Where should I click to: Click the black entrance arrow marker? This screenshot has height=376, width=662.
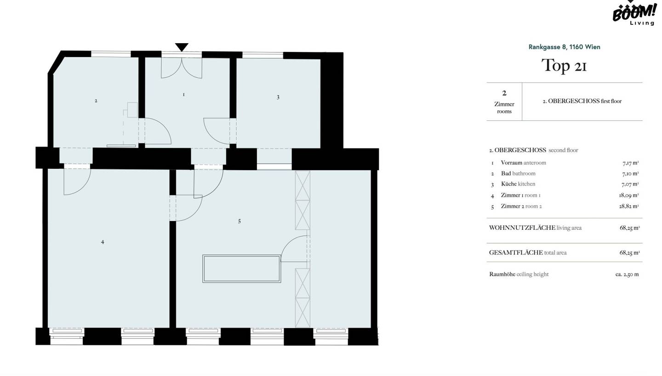(x=182, y=47)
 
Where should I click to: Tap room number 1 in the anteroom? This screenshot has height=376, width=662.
(x=183, y=95)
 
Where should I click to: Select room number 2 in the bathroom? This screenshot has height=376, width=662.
(x=96, y=101)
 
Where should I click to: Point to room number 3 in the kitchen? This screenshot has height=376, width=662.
(x=278, y=97)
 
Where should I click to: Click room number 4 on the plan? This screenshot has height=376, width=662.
(x=103, y=242)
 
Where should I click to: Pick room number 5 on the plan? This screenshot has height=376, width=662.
(x=240, y=221)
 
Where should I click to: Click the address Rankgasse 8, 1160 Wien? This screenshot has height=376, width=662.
(x=564, y=47)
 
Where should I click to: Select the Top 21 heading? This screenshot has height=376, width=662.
(x=564, y=65)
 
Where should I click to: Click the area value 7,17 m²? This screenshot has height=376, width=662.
(x=630, y=163)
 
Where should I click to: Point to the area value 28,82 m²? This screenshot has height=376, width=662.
(x=629, y=206)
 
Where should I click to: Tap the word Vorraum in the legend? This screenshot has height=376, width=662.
(x=511, y=163)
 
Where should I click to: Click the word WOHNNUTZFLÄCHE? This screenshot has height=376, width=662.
(x=522, y=228)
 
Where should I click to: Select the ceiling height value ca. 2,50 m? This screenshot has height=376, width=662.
(x=627, y=274)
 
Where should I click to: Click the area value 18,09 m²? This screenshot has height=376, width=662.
(x=629, y=195)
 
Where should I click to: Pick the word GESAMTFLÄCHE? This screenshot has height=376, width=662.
(x=516, y=253)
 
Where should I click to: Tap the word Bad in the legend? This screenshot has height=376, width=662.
(x=506, y=173)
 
